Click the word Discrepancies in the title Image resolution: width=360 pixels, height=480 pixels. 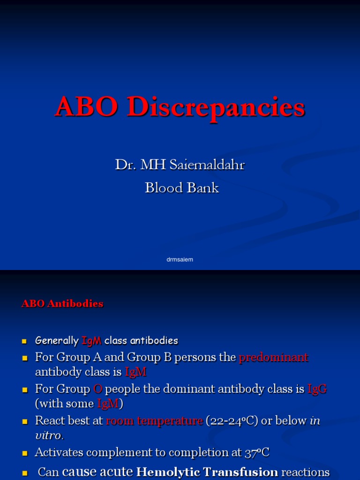pyautogui.click(x=216, y=107)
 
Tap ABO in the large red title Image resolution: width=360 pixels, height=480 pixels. pyautogui.click(x=88, y=107)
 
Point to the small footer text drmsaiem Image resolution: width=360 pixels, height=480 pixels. pyautogui.click(x=180, y=259)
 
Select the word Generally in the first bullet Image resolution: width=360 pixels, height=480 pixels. pyautogui.click(x=57, y=340)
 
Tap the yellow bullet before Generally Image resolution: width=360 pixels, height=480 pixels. pyautogui.click(x=25, y=341)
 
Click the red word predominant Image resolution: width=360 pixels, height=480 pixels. pyautogui.click(x=274, y=358)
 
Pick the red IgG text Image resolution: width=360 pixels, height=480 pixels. pyautogui.click(x=317, y=389)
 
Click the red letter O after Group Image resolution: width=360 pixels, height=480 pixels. pyautogui.click(x=97, y=389)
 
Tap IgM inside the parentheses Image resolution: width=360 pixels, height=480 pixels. pyautogui.click(x=108, y=404)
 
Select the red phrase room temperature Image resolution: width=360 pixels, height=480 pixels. pyautogui.click(x=155, y=421)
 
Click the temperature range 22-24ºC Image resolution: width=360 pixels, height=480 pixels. pyautogui.click(x=232, y=421)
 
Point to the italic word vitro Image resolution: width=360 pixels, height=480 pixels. pyautogui.click(x=48, y=435)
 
